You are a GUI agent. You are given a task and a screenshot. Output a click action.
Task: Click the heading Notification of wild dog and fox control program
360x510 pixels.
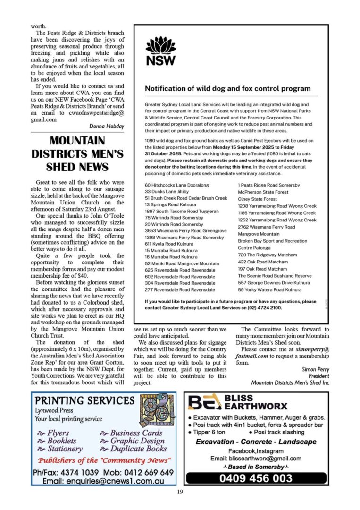[x=227, y=88]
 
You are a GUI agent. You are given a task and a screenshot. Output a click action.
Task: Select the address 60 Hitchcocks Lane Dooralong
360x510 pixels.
[x=176, y=185]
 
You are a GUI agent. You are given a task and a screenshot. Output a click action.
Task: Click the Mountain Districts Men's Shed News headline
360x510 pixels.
[x=77, y=154]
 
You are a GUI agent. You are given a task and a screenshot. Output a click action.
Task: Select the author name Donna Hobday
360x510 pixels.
[x=107, y=126]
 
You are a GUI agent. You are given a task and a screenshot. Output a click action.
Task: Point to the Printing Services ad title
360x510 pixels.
[x=85, y=401]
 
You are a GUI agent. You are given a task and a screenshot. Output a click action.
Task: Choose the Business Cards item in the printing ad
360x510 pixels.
[x=136, y=433]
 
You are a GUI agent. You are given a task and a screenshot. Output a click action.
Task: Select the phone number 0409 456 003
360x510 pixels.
[x=255, y=478]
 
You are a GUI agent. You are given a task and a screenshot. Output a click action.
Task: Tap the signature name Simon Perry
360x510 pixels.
[x=316, y=369]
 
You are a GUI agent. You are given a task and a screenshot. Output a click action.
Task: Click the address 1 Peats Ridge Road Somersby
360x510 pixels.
[x=269, y=185]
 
